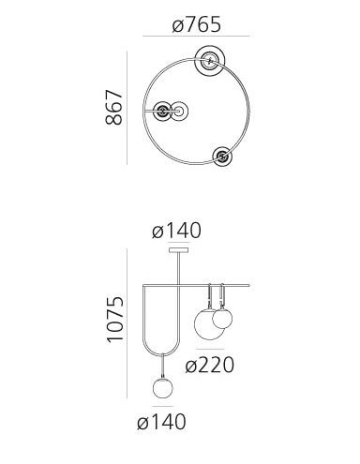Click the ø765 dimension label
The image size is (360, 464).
(197, 25)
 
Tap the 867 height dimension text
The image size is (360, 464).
(114, 108)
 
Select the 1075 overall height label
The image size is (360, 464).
(115, 320)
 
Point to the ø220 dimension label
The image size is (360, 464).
(209, 365)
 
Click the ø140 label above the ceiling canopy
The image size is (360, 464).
(176, 231)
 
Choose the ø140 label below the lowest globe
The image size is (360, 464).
(161, 422)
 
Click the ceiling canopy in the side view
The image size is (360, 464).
(178, 250)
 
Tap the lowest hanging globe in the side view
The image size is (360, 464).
(163, 388)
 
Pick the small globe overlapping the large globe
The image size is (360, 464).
(222, 319)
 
